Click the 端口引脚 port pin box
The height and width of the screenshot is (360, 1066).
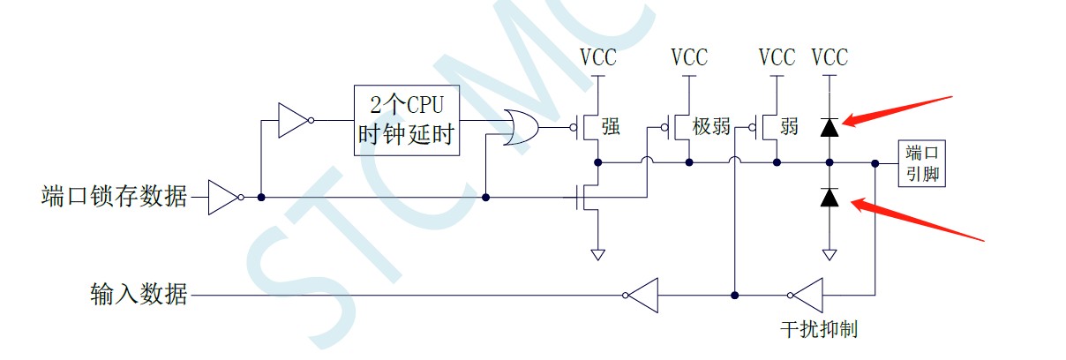tap(920, 163)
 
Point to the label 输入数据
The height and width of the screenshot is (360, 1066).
tap(139, 294)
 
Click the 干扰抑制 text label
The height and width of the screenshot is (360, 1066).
tap(819, 330)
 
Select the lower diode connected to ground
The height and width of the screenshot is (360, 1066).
tap(829, 198)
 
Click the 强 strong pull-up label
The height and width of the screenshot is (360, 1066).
tap(610, 126)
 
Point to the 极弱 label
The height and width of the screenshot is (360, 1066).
tap(711, 126)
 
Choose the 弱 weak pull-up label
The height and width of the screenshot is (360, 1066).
tap(789, 126)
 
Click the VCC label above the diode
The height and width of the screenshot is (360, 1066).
tap(830, 58)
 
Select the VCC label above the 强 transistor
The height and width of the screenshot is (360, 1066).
tap(598, 58)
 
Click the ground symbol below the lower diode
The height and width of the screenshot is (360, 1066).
tap(829, 255)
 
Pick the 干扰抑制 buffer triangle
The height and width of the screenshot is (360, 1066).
tap(806, 294)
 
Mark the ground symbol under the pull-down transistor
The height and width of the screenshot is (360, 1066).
tap(598, 255)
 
